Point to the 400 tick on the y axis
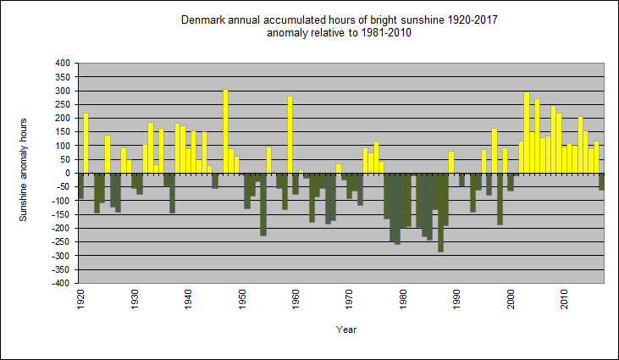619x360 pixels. point(63,64)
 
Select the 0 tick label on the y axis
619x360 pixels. point(68,174)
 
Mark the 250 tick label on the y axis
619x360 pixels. point(63,105)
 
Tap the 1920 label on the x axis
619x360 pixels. point(80,300)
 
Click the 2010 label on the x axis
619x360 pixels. point(564,300)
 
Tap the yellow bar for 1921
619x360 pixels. point(86,143)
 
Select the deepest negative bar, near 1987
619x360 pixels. point(440,212)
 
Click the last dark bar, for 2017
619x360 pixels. point(601,181)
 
